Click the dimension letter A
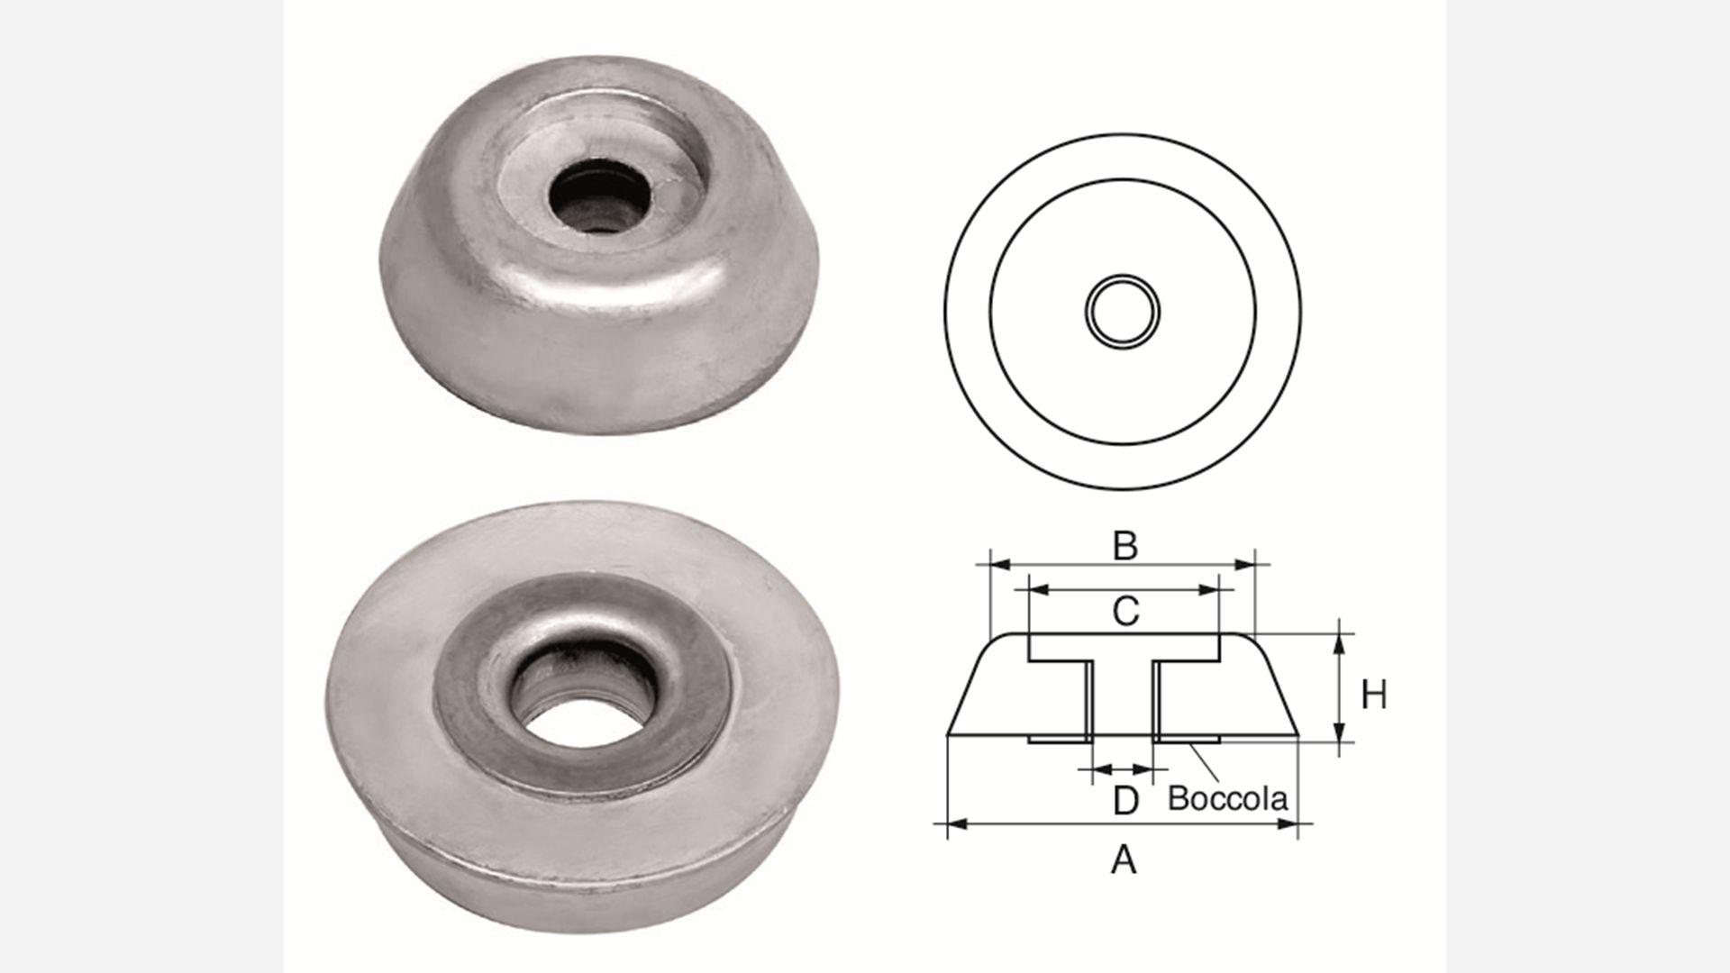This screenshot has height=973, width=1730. pos(1124,860)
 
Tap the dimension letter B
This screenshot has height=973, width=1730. pos(1124,546)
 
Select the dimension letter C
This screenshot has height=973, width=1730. pos(1125,612)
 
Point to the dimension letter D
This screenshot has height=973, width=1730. pos(1126,800)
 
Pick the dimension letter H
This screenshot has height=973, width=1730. pos(1373,696)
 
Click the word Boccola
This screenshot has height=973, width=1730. pos(1227,798)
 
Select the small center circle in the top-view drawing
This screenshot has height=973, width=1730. pos(1123,312)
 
